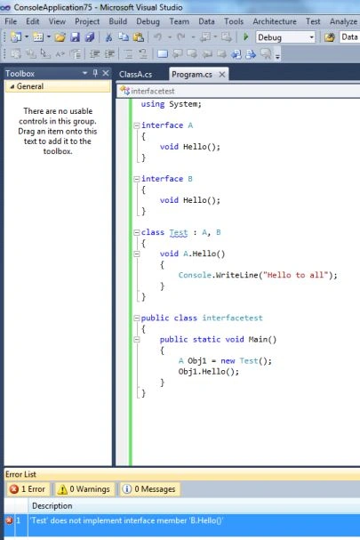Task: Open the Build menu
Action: pyautogui.click(x=117, y=21)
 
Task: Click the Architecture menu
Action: pyautogui.click(x=275, y=21)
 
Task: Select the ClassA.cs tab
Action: pyautogui.click(x=136, y=75)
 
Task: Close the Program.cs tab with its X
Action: pyautogui.click(x=222, y=75)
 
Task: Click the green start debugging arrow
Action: pyautogui.click(x=245, y=36)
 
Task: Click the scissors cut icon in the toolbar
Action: pyautogui.click(x=108, y=37)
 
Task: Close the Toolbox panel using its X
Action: pyautogui.click(x=106, y=73)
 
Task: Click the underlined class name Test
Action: pyautogui.click(x=179, y=232)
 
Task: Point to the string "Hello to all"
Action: pyautogui.click(x=295, y=275)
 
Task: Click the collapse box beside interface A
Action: pyautogui.click(x=137, y=125)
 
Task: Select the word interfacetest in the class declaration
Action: pyautogui.click(x=232, y=318)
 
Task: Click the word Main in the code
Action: pyautogui.click(x=258, y=340)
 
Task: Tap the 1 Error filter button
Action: pyautogui.click(x=28, y=489)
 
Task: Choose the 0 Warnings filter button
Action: pyautogui.click(x=84, y=489)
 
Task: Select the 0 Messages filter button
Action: pyautogui.click(x=149, y=489)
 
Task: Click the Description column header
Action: pyautogui.click(x=52, y=505)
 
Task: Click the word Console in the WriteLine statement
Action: pyautogui.click(x=195, y=275)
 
